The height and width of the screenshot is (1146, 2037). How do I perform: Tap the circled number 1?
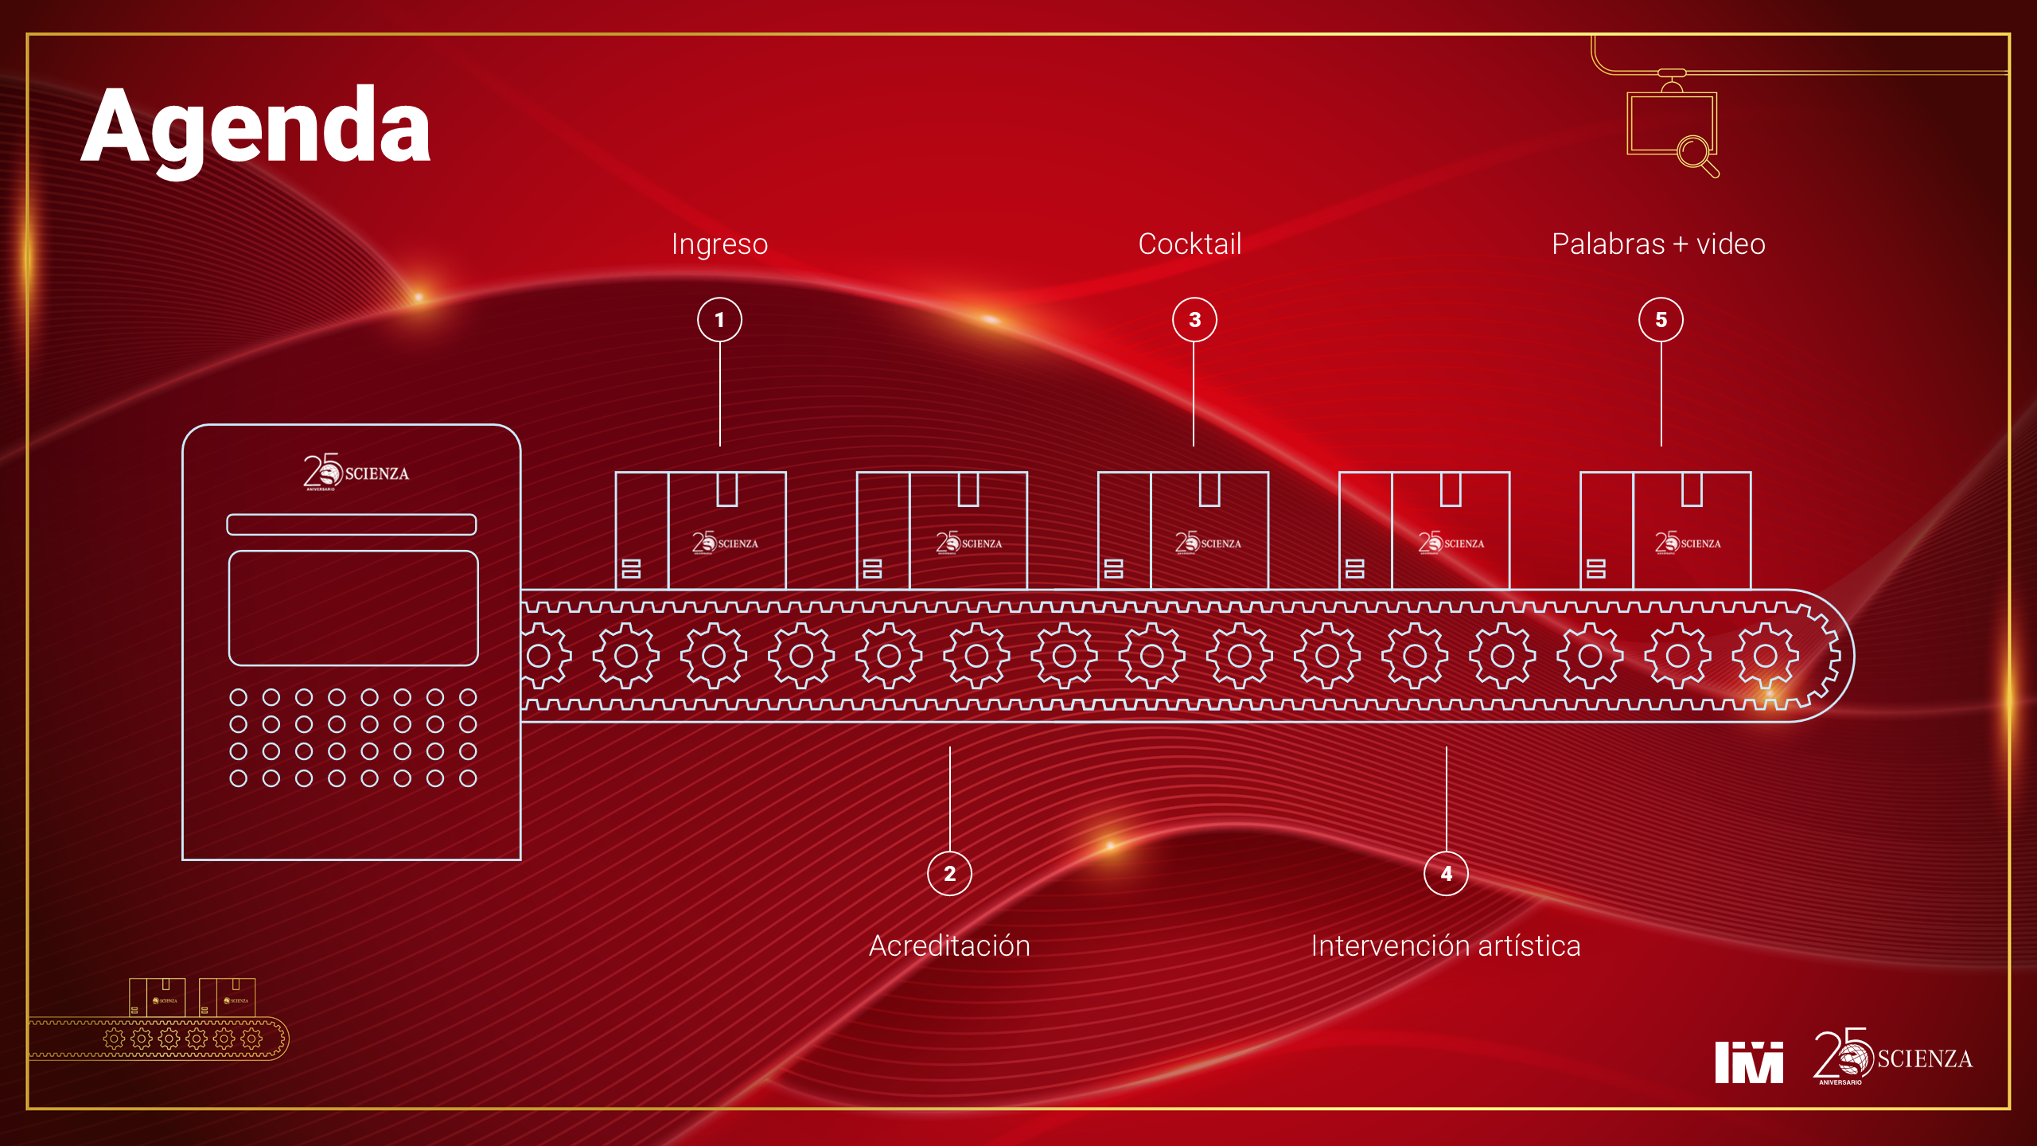coord(719,320)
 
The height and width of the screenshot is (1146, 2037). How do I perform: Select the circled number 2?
coord(949,873)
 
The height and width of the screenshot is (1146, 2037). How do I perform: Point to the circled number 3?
coord(1194,320)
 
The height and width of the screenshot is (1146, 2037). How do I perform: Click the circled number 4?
coord(1446,873)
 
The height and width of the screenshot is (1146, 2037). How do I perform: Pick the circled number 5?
coord(1661,320)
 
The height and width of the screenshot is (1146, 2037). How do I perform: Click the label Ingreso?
coord(719,244)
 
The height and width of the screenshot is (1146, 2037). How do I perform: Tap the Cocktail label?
coord(1190,244)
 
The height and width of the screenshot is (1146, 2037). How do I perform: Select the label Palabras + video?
coord(1658,244)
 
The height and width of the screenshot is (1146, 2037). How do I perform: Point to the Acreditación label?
coord(949,945)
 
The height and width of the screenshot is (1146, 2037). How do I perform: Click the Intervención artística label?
coord(1446,945)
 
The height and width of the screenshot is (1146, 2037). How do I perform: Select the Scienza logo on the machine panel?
coord(356,473)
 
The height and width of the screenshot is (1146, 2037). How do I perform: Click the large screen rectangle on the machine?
coord(353,608)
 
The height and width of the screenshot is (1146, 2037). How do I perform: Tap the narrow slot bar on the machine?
coord(352,524)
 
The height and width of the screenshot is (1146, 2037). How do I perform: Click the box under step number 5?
coord(1665,531)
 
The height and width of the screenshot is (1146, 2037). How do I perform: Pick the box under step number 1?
coord(700,531)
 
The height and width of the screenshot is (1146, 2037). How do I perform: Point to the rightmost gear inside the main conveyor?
coord(1765,656)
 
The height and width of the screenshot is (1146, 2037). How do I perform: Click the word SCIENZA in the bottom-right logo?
coord(1925,1059)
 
